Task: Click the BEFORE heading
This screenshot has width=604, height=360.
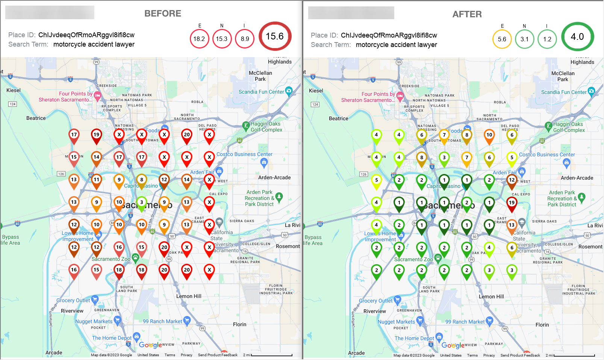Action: [x=163, y=14]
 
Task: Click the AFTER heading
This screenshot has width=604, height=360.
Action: [x=467, y=14]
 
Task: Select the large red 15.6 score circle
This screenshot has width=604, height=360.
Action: [x=275, y=36]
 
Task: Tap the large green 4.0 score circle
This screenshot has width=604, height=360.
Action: [x=577, y=37]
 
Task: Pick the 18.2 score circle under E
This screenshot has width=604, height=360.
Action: [x=199, y=39]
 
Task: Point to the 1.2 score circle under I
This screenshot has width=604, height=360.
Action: [x=547, y=39]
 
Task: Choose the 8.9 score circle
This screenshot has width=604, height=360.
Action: [x=245, y=39]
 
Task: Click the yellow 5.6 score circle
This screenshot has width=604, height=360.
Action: [x=502, y=39]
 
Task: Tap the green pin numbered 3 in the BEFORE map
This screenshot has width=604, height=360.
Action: [x=142, y=203]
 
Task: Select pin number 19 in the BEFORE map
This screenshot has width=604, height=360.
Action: [x=97, y=135]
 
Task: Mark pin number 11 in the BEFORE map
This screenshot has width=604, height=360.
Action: [x=97, y=180]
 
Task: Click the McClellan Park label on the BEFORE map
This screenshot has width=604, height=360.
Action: [x=260, y=76]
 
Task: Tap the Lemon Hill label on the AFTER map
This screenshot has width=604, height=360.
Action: [x=491, y=296]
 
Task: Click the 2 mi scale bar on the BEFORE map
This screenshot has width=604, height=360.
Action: [x=272, y=355]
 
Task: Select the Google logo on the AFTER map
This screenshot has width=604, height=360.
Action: [x=453, y=345]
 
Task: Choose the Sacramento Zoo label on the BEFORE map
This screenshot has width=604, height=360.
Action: [x=111, y=259]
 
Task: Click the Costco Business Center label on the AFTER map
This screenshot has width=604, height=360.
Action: [x=547, y=154]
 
